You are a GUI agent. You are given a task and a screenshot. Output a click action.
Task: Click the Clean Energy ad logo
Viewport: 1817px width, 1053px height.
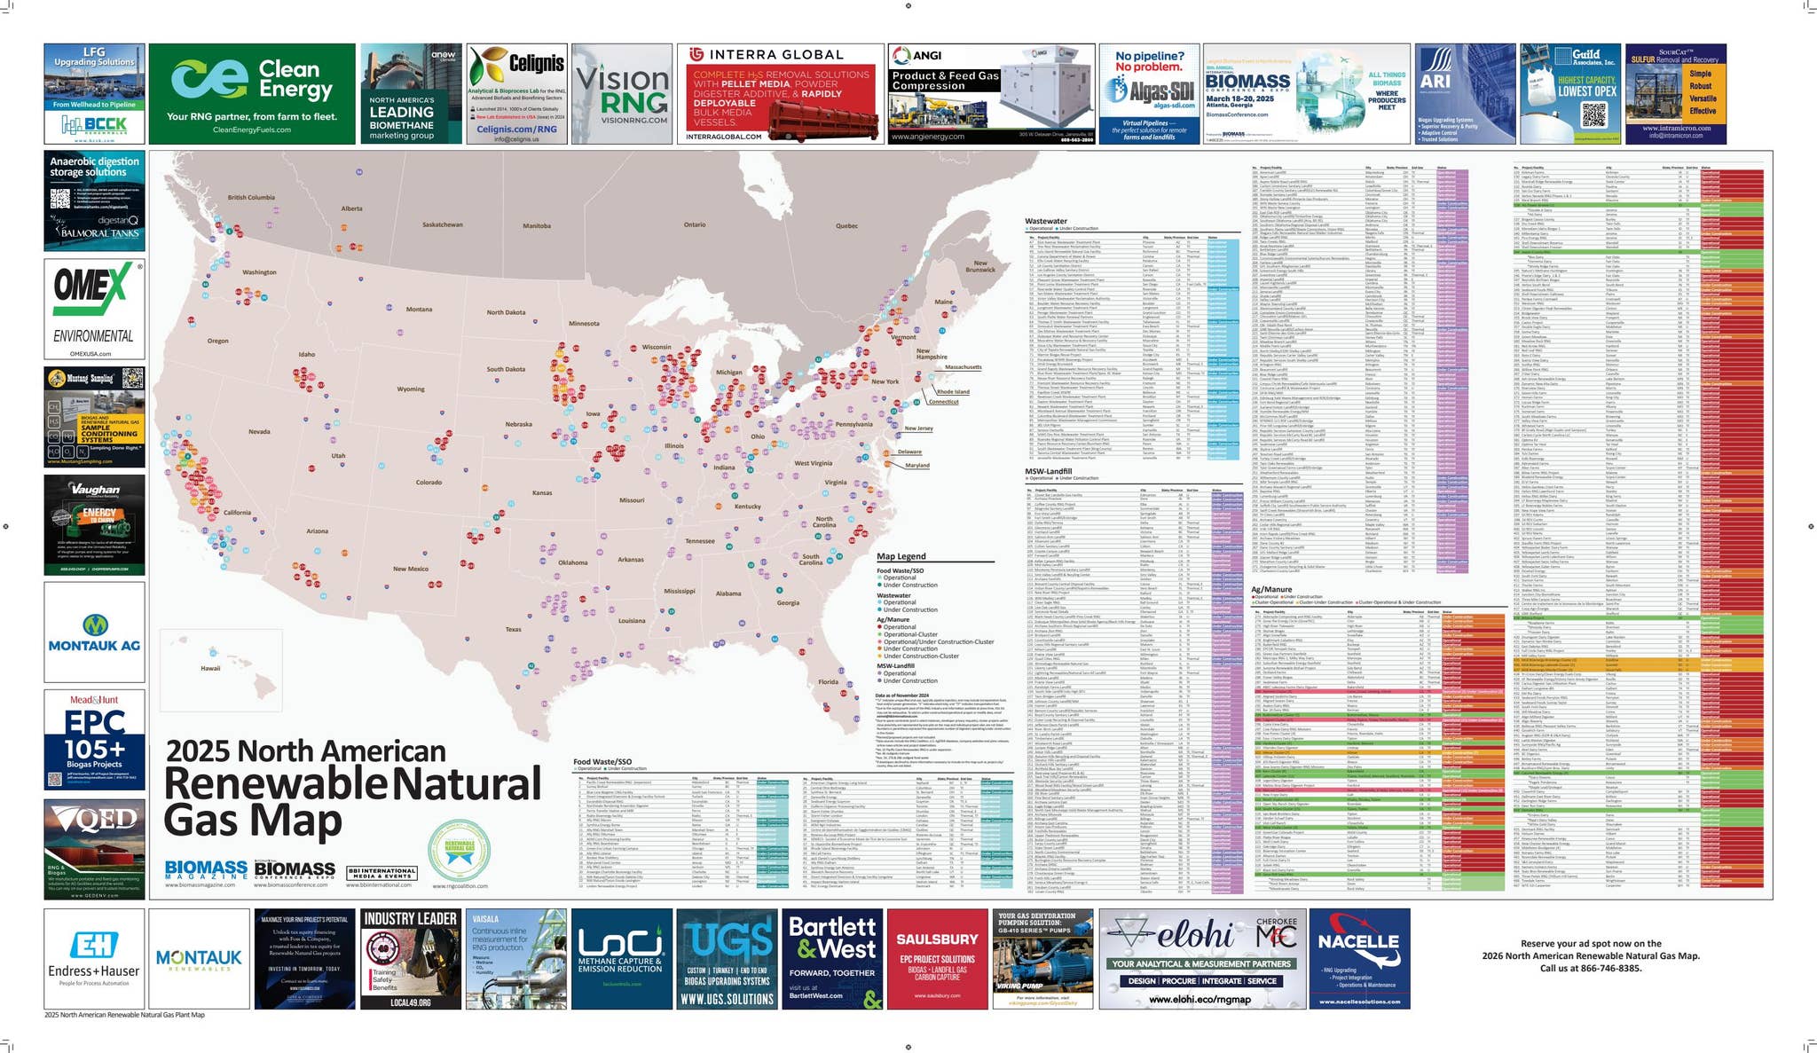point(209,79)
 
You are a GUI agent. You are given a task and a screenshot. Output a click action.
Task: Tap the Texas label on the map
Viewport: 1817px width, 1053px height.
point(514,630)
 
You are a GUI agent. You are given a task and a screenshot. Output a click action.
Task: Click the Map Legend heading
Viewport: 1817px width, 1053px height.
point(901,556)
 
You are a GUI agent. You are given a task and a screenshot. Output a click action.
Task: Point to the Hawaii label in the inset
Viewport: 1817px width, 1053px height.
point(210,668)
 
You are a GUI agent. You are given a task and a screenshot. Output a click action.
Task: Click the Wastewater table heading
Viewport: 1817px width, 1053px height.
point(1045,221)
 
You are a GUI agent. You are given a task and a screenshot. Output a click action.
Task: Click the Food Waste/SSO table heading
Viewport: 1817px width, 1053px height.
point(602,761)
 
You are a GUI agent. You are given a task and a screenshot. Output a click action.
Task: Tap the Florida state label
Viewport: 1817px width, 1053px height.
point(828,681)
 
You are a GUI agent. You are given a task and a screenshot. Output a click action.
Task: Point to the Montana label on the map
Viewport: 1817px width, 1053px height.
point(419,310)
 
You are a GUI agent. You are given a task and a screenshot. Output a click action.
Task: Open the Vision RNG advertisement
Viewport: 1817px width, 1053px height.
point(621,94)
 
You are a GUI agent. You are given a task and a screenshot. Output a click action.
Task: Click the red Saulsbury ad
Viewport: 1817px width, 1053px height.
point(937,958)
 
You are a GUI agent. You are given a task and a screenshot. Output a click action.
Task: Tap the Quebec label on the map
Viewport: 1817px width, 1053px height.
point(846,226)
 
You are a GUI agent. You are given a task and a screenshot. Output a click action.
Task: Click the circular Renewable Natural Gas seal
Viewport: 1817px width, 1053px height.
point(459,850)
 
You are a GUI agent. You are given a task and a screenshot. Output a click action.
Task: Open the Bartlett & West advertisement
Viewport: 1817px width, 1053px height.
point(832,958)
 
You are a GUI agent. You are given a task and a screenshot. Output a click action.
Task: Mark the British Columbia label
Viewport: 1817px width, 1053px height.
point(251,197)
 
